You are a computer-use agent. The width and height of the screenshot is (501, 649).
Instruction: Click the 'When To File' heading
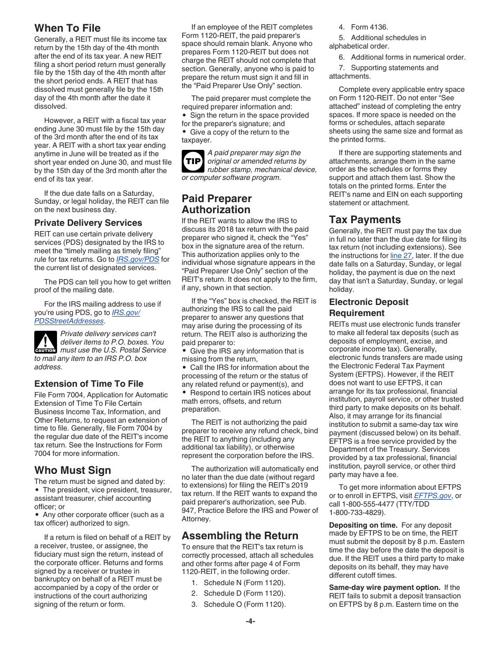click(x=68, y=28)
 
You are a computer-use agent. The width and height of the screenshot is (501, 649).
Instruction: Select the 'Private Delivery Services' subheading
click(x=88, y=223)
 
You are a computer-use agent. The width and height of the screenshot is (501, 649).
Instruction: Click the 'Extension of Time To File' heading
click(x=89, y=384)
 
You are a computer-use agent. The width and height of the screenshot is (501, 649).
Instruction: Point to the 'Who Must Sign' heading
click(x=73, y=470)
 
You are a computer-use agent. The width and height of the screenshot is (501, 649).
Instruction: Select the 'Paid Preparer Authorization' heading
click(x=217, y=204)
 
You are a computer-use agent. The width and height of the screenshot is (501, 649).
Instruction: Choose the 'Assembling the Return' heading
click(x=240, y=535)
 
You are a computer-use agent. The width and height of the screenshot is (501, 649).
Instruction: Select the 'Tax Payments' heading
click(x=365, y=219)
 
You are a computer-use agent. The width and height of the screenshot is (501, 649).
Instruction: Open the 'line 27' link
click(x=401, y=255)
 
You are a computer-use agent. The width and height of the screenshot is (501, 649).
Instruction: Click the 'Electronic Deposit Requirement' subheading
click(x=369, y=307)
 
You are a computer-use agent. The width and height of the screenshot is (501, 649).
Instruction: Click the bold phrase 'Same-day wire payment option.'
click(x=384, y=587)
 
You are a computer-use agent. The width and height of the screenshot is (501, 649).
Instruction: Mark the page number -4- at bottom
click(x=250, y=621)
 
